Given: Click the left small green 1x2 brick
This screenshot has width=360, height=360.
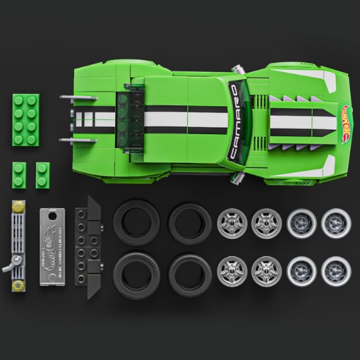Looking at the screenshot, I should click(18, 173).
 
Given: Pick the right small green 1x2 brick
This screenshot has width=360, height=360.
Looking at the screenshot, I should click(42, 173).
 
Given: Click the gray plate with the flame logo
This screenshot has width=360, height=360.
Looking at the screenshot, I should click(54, 248).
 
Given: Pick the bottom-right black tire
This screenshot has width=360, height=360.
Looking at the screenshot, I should click(190, 272).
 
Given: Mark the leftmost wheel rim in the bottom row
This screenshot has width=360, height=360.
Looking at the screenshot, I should click(232, 270).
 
